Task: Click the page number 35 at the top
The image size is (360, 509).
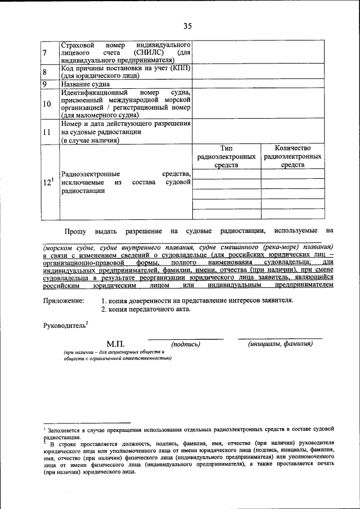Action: tap(187, 25)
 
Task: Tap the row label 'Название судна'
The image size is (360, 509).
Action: tap(85, 84)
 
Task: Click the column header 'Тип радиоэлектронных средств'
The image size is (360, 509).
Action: tap(226, 156)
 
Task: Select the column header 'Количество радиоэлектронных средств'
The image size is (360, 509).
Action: tap(292, 156)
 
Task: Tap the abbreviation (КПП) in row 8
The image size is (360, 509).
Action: tap(179, 67)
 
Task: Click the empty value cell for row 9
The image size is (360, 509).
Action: tap(259, 84)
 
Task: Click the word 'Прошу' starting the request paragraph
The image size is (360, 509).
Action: tap(75, 231)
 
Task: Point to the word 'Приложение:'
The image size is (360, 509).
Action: tap(64, 300)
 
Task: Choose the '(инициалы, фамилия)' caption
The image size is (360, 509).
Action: tap(280, 344)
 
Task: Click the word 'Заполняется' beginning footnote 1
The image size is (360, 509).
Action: tap(66, 430)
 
